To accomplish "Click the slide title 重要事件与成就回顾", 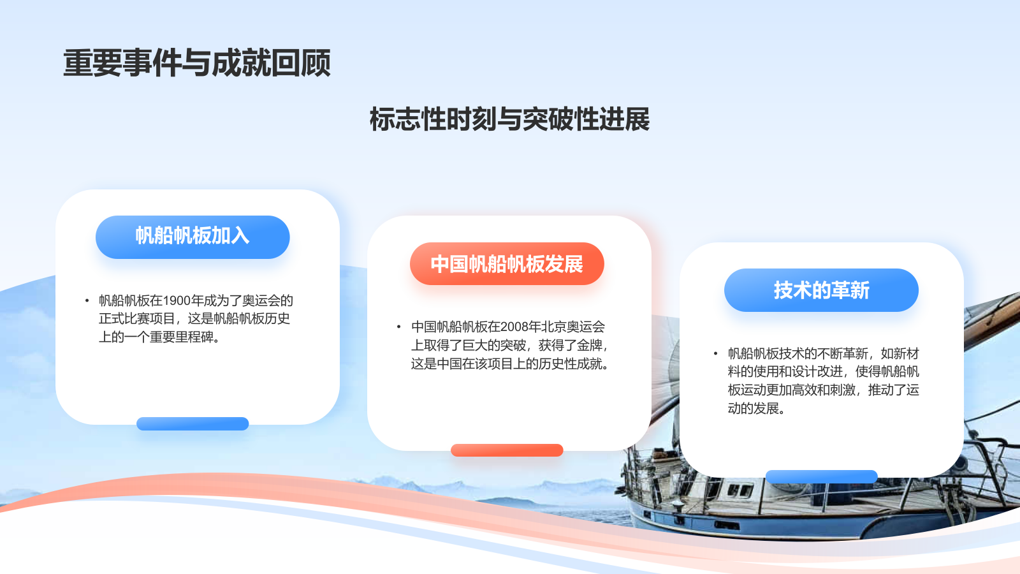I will tap(197, 63).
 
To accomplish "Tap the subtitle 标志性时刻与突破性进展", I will tap(509, 119).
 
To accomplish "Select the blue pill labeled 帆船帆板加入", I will tap(193, 237).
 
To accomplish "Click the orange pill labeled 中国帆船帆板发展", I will tap(507, 263).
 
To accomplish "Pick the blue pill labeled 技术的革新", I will tap(821, 290).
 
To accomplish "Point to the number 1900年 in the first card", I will tap(183, 300).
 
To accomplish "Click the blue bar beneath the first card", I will tap(193, 423).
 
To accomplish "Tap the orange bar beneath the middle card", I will tap(507, 450).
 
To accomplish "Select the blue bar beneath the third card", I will tap(821, 476).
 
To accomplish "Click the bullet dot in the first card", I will tap(87, 300).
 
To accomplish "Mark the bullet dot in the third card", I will tap(715, 353).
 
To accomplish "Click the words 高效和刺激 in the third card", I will tap(823, 390).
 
